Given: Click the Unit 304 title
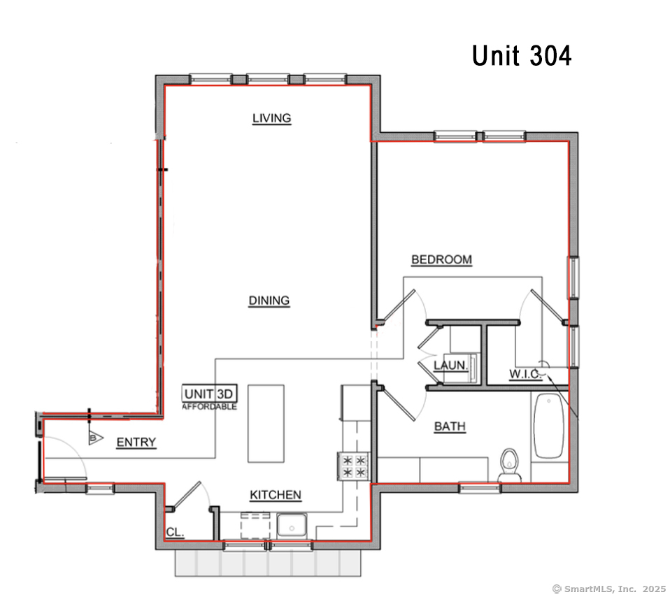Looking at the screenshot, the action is click(x=522, y=55).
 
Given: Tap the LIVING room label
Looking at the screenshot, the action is click(x=272, y=118).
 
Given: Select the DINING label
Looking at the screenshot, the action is click(x=269, y=301).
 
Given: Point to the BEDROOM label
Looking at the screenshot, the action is click(x=442, y=259).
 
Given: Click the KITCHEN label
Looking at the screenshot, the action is click(x=276, y=495).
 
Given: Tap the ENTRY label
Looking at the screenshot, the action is click(x=136, y=443).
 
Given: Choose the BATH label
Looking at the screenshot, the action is click(x=450, y=426).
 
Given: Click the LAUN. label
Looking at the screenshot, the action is click(x=451, y=366).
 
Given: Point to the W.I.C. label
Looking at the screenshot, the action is click(x=525, y=374).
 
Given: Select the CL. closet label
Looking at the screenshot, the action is click(x=175, y=532).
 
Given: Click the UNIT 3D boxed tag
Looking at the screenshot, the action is click(x=209, y=394).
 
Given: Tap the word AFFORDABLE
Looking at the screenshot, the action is click(x=209, y=407).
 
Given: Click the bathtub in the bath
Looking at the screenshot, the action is click(x=549, y=426).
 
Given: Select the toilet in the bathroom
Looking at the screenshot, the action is click(x=509, y=465).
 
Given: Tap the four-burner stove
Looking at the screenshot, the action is click(x=354, y=466).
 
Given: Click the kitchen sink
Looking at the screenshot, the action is click(x=292, y=525).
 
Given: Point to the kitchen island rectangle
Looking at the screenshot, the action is click(x=266, y=424).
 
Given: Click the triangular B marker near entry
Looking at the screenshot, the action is click(x=95, y=438).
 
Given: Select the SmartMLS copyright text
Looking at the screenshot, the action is click(x=608, y=589).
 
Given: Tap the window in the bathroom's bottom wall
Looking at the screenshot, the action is click(x=480, y=487).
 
